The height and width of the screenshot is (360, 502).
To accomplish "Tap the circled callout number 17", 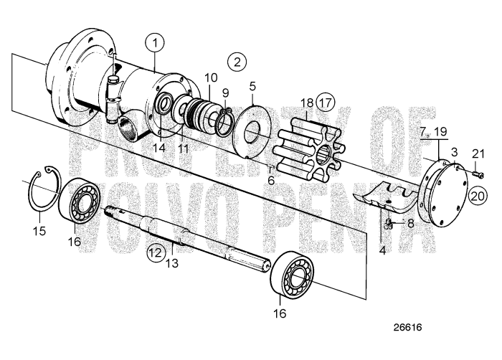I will point(326,103).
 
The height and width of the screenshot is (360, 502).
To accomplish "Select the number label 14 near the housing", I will point(158,147).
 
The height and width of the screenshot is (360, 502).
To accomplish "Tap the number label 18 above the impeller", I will point(307,103).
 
